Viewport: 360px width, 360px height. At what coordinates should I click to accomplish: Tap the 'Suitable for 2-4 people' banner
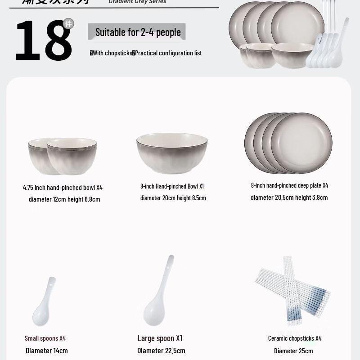point(137,32)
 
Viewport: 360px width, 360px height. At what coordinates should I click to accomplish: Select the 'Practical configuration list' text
point(168,53)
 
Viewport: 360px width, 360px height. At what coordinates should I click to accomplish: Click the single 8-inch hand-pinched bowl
point(172,153)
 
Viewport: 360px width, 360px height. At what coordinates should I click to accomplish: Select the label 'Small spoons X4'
point(45,338)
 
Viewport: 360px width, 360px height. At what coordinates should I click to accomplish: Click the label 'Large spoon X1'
point(160,338)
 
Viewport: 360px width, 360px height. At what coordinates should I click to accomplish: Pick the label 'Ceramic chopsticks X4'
point(295,338)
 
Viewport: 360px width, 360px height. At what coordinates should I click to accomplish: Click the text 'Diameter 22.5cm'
point(161,351)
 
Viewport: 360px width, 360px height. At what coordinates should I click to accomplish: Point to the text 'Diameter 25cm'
point(293,351)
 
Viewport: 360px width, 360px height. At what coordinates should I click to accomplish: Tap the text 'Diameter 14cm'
point(47,351)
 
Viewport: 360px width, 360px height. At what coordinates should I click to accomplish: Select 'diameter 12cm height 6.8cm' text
point(64,199)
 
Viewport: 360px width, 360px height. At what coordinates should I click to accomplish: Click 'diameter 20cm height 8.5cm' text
point(173,198)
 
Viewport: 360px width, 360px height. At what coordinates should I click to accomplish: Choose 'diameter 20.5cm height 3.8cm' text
point(289,198)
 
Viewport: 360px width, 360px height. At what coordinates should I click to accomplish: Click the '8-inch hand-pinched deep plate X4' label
point(289,185)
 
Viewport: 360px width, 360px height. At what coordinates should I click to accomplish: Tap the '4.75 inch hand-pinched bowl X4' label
point(63,188)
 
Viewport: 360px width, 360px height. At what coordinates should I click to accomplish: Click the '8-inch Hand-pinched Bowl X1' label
point(172,186)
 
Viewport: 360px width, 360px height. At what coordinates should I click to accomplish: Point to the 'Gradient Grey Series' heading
point(137,2)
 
